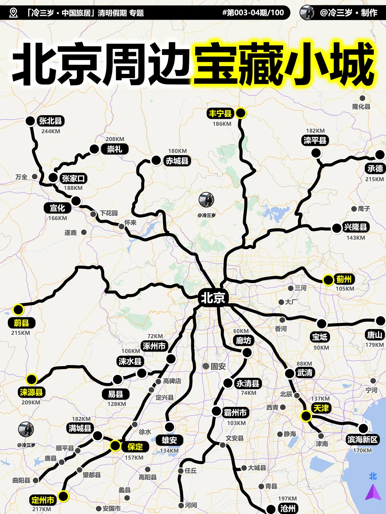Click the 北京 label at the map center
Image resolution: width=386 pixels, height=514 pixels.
(x=213, y=298)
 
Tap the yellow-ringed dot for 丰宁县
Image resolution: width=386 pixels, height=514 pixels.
(x=241, y=113)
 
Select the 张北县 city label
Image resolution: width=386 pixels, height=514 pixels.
(x=50, y=121)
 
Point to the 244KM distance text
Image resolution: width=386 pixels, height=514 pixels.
(x=51, y=131)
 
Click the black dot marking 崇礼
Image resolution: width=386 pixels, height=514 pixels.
(x=94, y=149)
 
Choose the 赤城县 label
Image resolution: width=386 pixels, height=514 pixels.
(x=177, y=161)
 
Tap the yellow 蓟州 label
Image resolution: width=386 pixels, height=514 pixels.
(x=344, y=279)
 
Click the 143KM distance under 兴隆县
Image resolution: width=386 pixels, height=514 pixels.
(x=356, y=238)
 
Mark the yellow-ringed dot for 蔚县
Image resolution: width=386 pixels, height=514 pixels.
(x=18, y=309)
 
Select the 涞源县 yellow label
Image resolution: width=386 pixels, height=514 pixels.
(x=31, y=392)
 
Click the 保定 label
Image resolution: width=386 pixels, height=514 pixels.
(x=135, y=447)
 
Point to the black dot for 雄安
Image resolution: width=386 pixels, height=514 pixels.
(x=169, y=427)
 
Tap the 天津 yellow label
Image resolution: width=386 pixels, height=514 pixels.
(x=321, y=408)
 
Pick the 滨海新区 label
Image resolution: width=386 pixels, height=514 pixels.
(x=362, y=440)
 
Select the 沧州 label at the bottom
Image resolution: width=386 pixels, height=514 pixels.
(x=288, y=509)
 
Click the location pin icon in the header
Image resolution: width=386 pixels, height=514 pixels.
(x=14, y=13)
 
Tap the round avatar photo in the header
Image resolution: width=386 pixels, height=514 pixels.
(x=307, y=13)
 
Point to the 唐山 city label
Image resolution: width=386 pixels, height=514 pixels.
(x=375, y=335)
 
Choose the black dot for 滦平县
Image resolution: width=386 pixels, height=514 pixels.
(x=316, y=153)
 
